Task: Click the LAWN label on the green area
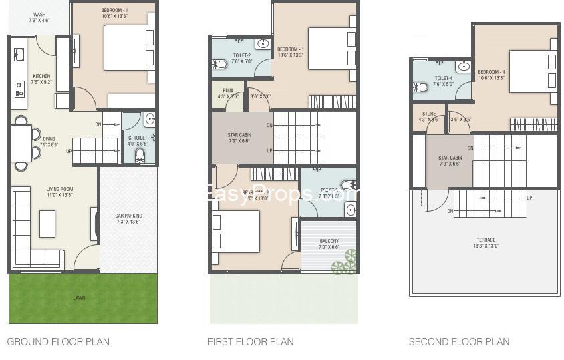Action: pyautogui.click(x=80, y=298)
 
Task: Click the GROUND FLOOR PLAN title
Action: pyautogui.click(x=58, y=342)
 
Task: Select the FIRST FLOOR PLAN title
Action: pyautogui.click(x=251, y=342)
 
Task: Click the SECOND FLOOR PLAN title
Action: pyautogui.click(x=458, y=342)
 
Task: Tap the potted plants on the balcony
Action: pyautogui.click(x=345, y=262)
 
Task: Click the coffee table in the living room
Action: pyautogui.click(x=47, y=224)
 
